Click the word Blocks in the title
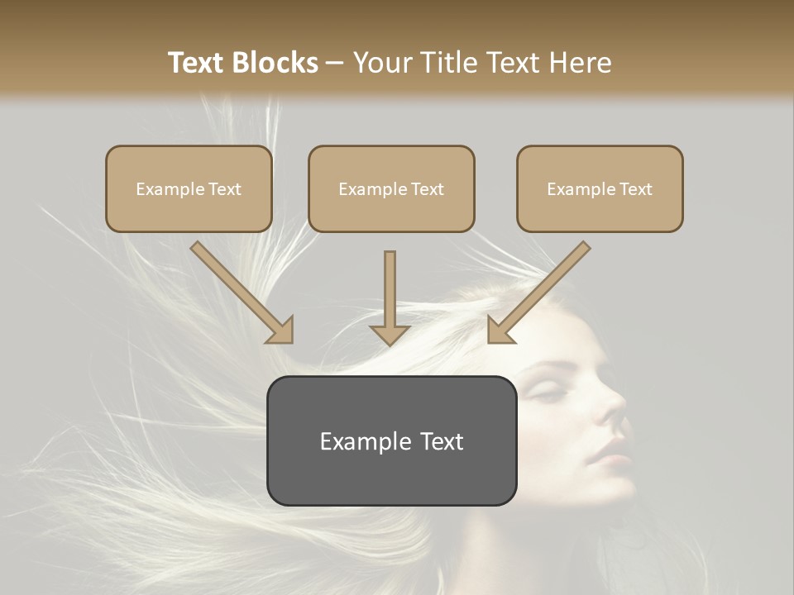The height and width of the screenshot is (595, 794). click(275, 63)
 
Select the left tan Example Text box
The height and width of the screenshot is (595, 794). click(189, 189)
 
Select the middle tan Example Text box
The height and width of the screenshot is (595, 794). click(391, 189)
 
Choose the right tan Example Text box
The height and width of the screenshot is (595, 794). click(600, 189)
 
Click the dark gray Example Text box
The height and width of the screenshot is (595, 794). click(391, 441)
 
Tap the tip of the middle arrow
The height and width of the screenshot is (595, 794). click(390, 342)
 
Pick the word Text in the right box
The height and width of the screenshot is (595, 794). click(635, 189)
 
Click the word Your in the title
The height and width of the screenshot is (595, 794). click(381, 63)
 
